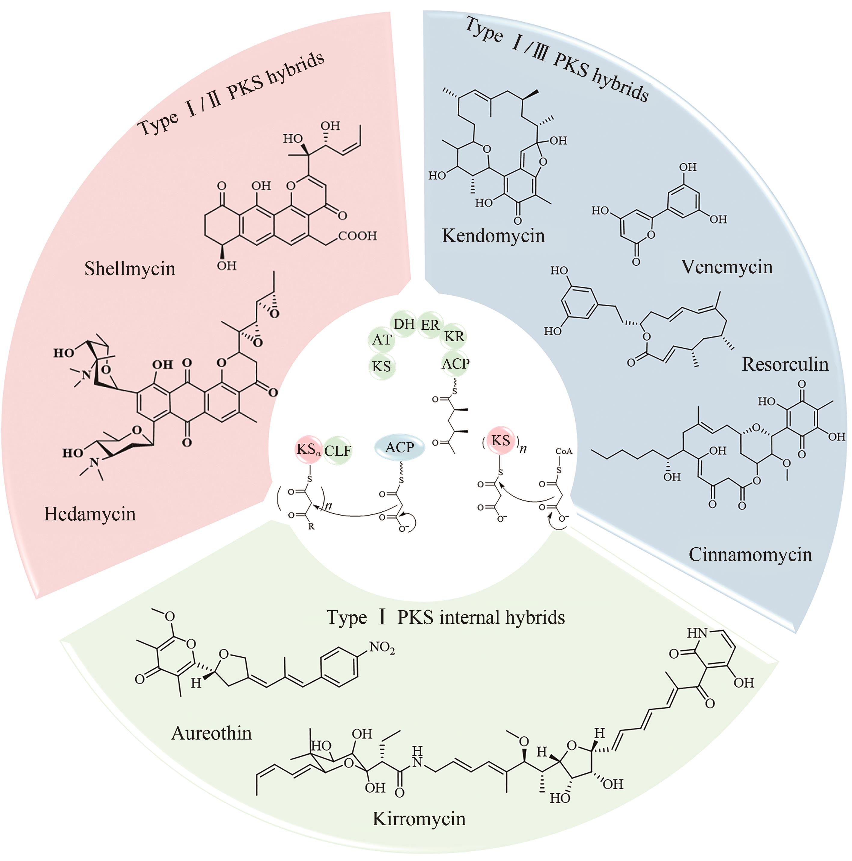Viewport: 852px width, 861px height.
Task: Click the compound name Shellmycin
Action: click(x=130, y=269)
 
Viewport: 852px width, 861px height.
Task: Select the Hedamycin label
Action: click(x=90, y=514)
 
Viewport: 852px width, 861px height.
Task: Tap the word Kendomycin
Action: click(x=493, y=235)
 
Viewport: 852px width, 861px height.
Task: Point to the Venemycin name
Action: click(x=727, y=266)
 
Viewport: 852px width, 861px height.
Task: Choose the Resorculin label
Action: click(x=785, y=364)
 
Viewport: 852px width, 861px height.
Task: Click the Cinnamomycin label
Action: click(x=750, y=554)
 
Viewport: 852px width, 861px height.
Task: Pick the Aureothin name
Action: click(x=211, y=733)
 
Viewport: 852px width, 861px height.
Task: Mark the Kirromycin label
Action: click(x=419, y=819)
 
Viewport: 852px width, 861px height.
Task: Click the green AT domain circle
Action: click(x=382, y=340)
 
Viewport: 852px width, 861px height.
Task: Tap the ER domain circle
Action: click(x=430, y=325)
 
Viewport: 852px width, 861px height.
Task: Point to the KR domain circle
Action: click(x=454, y=336)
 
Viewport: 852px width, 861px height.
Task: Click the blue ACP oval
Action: click(x=400, y=447)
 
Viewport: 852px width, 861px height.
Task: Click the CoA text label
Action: click(x=564, y=452)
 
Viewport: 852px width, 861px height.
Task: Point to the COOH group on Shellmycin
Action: click(x=357, y=235)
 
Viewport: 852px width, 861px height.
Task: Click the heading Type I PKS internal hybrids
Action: click(x=446, y=617)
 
